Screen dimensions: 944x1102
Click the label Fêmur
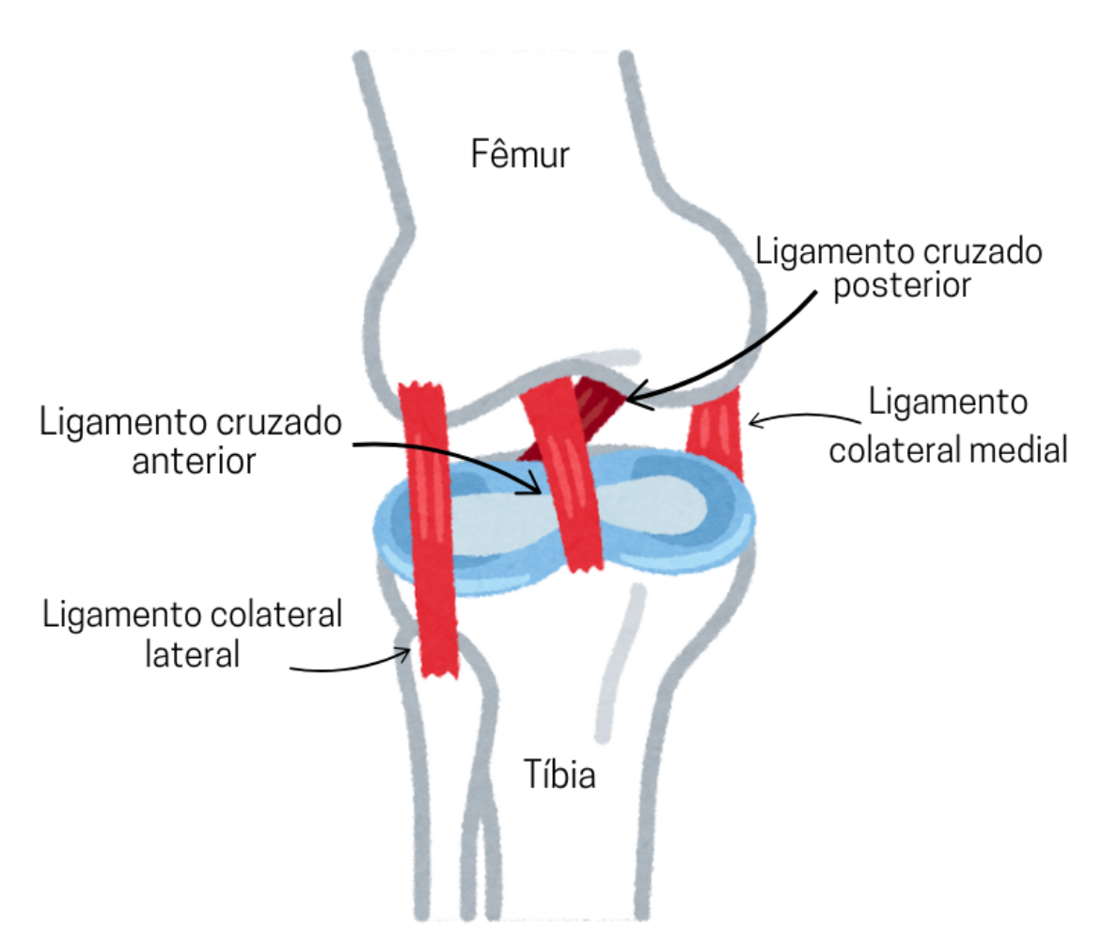(520, 152)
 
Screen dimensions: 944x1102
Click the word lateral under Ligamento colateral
(193, 653)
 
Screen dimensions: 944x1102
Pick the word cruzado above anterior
(272, 423)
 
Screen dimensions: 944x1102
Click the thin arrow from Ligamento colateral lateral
(357, 663)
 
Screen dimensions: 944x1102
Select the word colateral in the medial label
(902, 449)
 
